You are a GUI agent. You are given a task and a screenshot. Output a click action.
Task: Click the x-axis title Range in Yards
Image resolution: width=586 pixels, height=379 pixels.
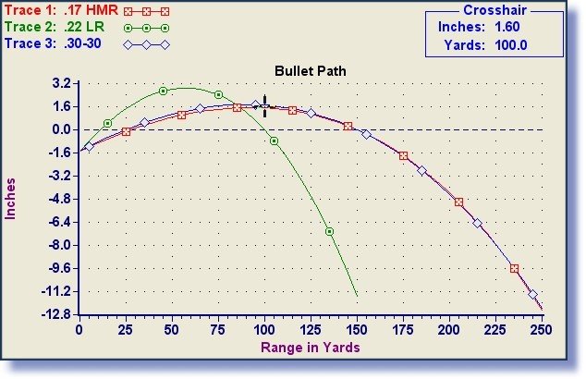pyautogui.click(x=311, y=348)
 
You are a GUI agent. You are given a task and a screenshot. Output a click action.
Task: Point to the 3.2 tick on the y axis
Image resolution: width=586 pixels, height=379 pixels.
pyautogui.click(x=62, y=83)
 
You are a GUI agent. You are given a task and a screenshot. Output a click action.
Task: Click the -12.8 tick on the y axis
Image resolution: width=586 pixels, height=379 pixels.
pyautogui.click(x=57, y=314)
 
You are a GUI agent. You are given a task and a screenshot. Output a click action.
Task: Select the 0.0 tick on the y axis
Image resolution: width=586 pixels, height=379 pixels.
pyautogui.click(x=62, y=129)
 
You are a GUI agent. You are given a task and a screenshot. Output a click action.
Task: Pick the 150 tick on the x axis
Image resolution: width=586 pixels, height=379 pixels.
pyautogui.click(x=357, y=329)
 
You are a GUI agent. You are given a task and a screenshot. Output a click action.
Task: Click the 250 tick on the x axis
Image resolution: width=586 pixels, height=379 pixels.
pyautogui.click(x=542, y=329)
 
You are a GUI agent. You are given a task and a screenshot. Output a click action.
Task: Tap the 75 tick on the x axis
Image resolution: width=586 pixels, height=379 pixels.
pyautogui.click(x=218, y=329)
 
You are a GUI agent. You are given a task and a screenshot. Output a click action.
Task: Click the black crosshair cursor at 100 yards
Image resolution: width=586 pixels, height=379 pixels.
pyautogui.click(x=264, y=106)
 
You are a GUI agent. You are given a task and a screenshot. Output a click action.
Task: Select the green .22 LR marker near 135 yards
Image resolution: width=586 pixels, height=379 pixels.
pyautogui.click(x=329, y=231)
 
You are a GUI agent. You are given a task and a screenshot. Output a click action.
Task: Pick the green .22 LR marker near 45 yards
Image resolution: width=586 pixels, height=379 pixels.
pyautogui.click(x=163, y=91)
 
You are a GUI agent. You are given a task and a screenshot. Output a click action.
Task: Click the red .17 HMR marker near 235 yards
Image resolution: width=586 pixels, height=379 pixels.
pyautogui.click(x=514, y=268)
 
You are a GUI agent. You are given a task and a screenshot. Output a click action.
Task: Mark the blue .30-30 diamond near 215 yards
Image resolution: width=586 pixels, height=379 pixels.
pyautogui.click(x=477, y=223)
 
